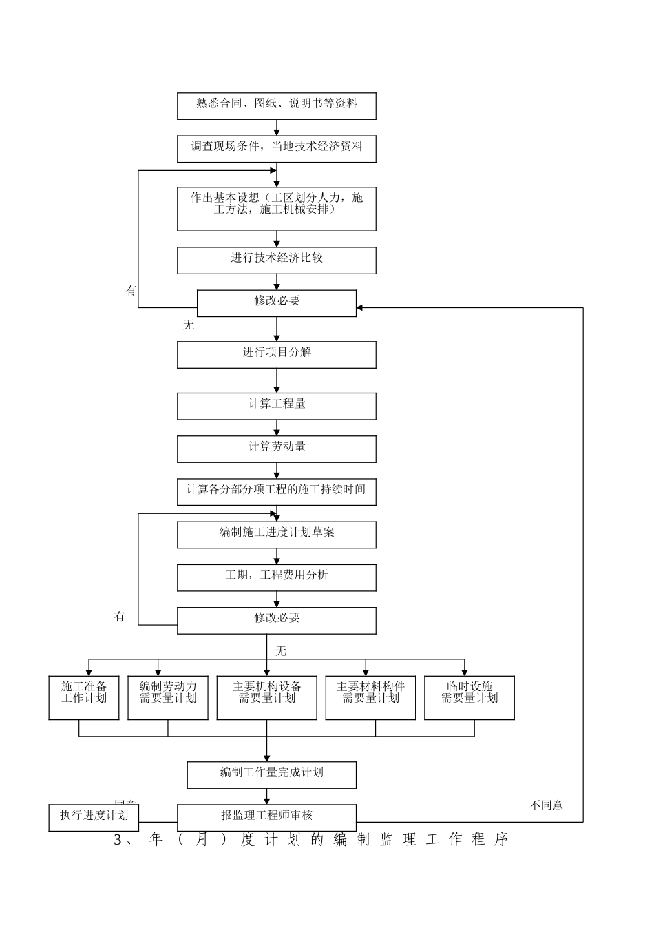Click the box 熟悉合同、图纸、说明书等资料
tap(276, 106)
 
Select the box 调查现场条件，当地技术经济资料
tap(276, 149)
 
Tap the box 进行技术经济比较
tap(276, 260)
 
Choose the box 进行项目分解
tap(276, 355)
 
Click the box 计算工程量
tap(276, 406)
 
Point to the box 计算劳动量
tap(276, 449)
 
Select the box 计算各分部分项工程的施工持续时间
tap(276, 492)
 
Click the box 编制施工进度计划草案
tap(276, 535)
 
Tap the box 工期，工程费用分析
tap(276, 577)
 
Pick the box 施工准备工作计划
tap(84, 697)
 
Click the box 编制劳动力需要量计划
tap(168, 697)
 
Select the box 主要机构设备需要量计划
tap(266, 697)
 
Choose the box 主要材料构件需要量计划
tap(370, 697)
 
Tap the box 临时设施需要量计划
tap(470, 697)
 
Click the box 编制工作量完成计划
tap(271, 774)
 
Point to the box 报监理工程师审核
tap(266, 817)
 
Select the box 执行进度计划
tap(94, 817)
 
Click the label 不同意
tap(546, 805)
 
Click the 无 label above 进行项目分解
tap(189, 325)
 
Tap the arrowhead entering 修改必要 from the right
tap(360, 307)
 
